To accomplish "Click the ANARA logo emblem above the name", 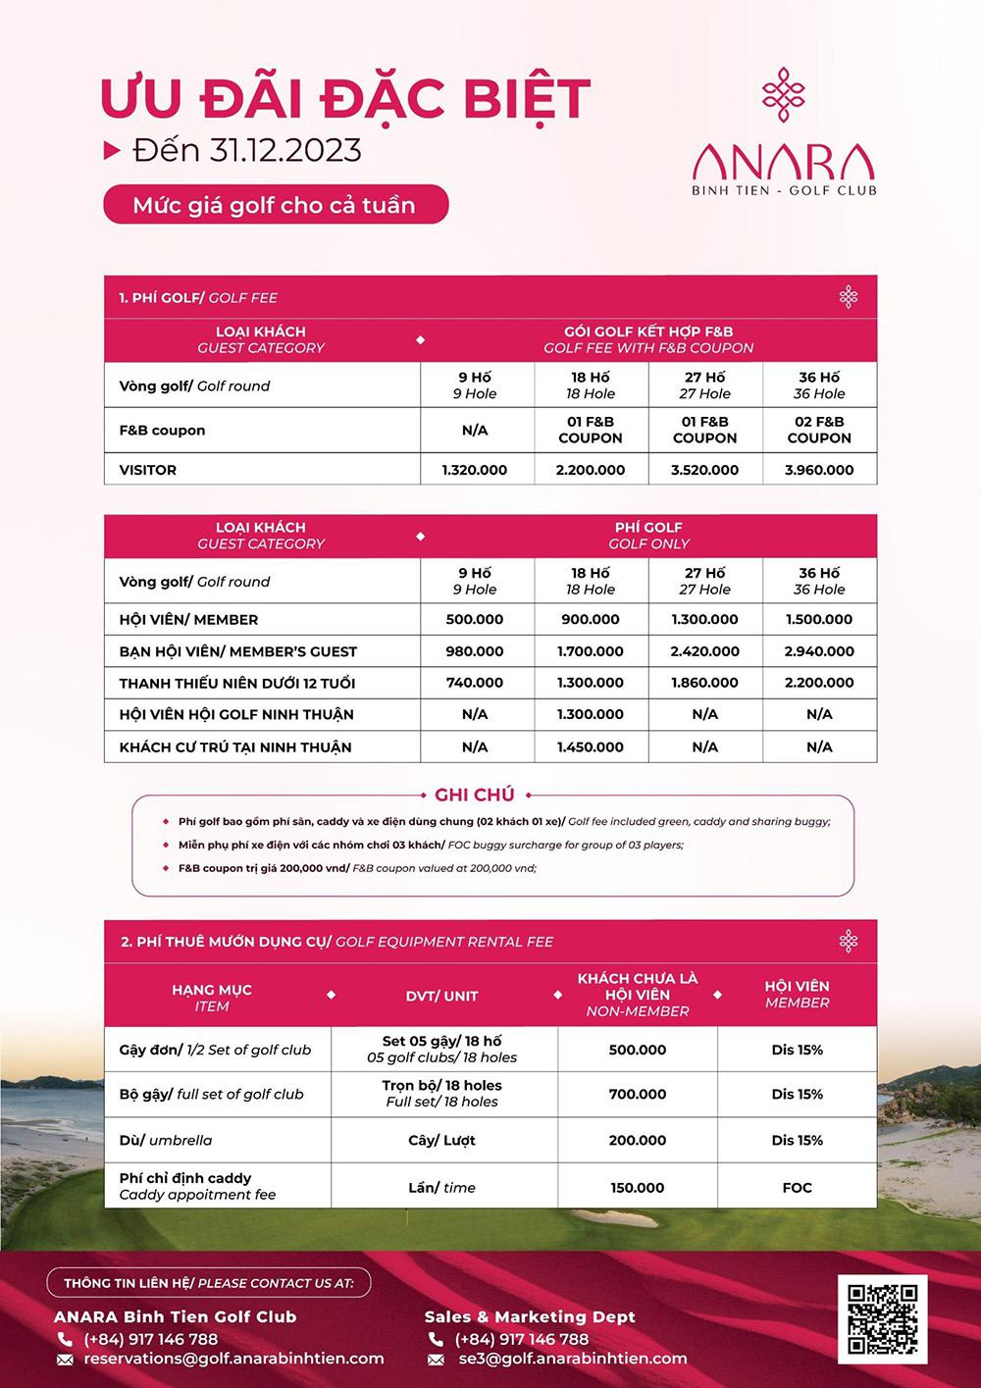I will [x=783, y=95].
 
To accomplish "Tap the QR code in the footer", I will [x=882, y=1316].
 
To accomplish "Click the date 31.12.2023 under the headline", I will [x=284, y=150].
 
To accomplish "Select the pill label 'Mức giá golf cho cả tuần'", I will [x=275, y=205].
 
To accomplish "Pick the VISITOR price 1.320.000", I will [x=475, y=470].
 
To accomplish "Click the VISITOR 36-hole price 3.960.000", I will [x=819, y=470].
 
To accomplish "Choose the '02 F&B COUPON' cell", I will [x=819, y=430].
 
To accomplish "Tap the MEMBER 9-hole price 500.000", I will [x=475, y=620].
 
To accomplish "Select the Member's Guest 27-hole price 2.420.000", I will [x=704, y=651].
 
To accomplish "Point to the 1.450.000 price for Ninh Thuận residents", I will [x=590, y=746].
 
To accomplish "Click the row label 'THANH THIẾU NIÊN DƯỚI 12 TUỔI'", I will [x=237, y=683].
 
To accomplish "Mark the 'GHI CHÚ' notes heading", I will [x=475, y=795].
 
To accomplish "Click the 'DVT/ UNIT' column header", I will [x=441, y=996].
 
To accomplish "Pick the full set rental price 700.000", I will [x=638, y=1094].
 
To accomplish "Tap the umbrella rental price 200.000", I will [x=638, y=1140].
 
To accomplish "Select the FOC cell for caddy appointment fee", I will [x=797, y=1187].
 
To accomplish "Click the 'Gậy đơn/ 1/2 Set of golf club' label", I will [x=215, y=1050].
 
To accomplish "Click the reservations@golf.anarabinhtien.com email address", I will [x=233, y=1359].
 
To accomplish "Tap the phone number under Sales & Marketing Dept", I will [x=521, y=1339].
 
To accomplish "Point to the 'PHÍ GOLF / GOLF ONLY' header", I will [x=648, y=535].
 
